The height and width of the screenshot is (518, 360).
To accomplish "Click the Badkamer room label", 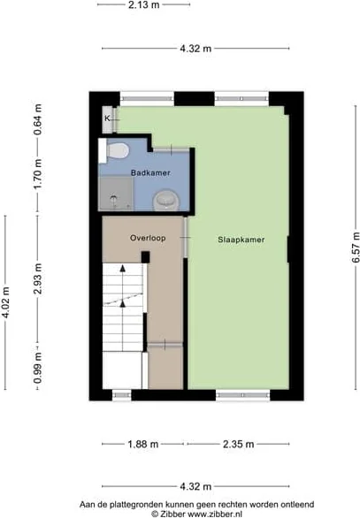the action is (x=150, y=172).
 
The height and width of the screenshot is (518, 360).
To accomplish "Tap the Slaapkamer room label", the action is (x=241, y=240).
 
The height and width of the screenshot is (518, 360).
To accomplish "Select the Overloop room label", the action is (x=148, y=238).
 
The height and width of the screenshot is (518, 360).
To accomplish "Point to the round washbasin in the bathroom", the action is (x=166, y=200).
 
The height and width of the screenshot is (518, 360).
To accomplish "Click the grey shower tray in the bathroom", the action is (x=116, y=194).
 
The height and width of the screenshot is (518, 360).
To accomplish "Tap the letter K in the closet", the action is (x=107, y=118).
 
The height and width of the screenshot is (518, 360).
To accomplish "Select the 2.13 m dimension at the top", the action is (x=144, y=5).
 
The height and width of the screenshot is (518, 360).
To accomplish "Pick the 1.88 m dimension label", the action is (x=143, y=444).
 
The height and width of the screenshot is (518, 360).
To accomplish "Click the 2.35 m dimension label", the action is (x=238, y=444).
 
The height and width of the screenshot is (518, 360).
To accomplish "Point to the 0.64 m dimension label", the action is (x=38, y=119).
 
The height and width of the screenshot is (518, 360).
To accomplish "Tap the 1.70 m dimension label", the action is (x=38, y=174).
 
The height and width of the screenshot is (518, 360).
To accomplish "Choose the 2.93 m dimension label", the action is (x=38, y=278).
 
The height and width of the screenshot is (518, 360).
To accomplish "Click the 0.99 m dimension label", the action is (x=38, y=368).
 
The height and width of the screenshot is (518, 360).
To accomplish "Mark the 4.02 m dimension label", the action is (x=5, y=302).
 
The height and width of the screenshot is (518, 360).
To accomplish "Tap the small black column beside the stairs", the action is (x=145, y=257).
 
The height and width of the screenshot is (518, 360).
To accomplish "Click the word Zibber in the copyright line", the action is (x=172, y=514).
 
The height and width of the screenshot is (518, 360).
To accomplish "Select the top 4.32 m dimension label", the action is (x=195, y=49).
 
